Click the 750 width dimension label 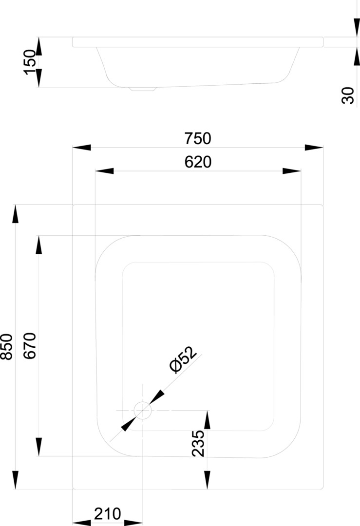tap(198, 138)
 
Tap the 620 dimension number tap(198, 162)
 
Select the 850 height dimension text tap(7, 347)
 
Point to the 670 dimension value tap(30, 346)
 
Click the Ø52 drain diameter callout tap(183, 359)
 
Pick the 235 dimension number tap(198, 443)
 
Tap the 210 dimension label tap(107, 514)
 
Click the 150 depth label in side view tap(30, 62)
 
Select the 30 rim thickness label tap(348, 95)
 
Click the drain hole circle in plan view tap(143, 410)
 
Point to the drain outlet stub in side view tap(143, 89)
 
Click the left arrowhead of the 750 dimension tap(81, 147)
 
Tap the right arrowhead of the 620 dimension tap(292, 171)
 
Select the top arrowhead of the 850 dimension tap(15, 214)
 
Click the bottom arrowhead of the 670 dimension tap(39, 447)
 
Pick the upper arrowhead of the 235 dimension tap(207, 420)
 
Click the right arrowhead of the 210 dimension tap(133, 523)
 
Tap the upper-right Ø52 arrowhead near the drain tap(156, 397)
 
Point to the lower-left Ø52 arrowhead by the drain tap(129, 424)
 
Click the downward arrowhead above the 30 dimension tap(357, 27)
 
